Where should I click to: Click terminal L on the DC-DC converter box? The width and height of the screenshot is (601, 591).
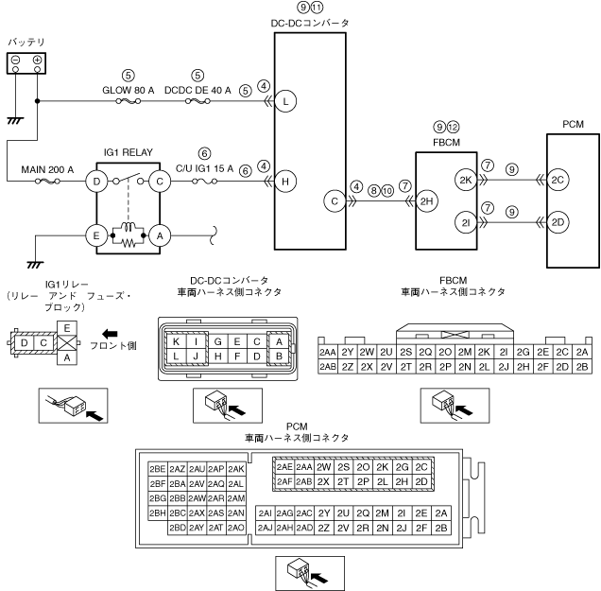285,101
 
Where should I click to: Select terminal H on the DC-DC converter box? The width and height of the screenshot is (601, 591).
285,181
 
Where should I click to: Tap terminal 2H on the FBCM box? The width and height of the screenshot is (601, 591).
426,201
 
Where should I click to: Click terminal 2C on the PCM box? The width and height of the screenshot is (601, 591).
558,180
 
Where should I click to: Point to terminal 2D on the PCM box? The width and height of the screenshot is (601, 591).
558,222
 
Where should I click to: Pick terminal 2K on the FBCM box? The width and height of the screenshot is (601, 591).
465,180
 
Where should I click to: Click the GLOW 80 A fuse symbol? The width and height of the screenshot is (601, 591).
128,101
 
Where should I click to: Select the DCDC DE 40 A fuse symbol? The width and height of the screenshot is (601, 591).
197,101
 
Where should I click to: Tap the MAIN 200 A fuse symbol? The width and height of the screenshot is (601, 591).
47,181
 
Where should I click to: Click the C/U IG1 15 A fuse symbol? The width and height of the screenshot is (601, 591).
205,181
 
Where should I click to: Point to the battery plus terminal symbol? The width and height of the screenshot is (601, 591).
37,60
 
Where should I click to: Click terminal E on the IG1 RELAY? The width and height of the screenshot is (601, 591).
95,235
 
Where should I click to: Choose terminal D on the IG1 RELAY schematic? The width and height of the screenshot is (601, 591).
95,181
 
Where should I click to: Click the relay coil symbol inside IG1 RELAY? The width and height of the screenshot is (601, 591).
128,227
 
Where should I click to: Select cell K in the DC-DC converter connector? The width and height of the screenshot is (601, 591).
177,341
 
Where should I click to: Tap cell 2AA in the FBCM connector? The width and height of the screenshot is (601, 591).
328,352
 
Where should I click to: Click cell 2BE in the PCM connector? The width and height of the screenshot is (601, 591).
158,469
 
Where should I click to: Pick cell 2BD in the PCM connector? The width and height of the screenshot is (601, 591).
178,528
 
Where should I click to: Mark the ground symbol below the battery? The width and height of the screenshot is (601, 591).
15,121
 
